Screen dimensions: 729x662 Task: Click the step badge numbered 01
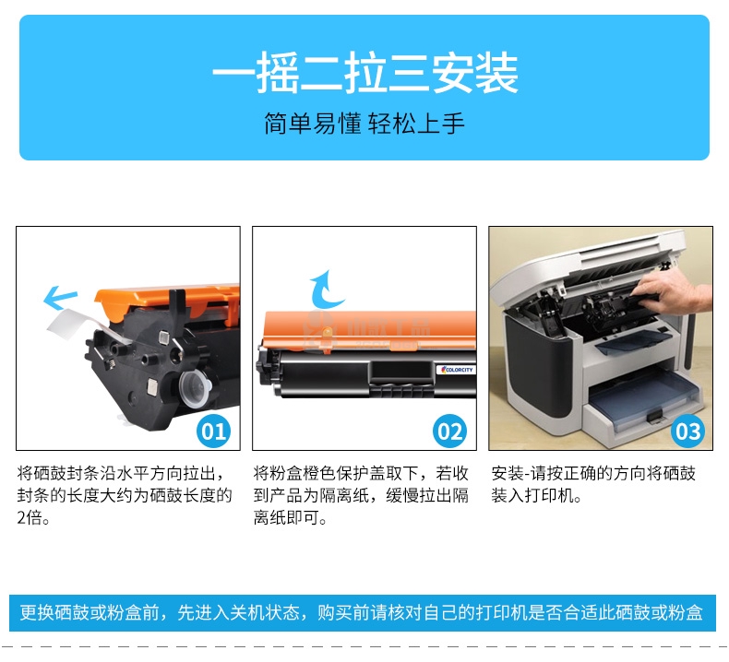[213, 431]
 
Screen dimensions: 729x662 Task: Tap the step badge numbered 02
[449, 431]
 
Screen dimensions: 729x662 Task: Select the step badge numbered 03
[687, 431]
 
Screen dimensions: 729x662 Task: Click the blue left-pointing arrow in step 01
[60, 297]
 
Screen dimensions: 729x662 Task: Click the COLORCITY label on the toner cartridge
[456, 370]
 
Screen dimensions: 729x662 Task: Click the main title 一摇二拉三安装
[365, 73]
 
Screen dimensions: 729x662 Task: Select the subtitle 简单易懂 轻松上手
[364, 124]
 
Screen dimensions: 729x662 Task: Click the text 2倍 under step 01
[29, 517]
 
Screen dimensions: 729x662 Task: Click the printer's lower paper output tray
[644, 405]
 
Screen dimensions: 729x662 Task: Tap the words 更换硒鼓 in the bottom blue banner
[54, 613]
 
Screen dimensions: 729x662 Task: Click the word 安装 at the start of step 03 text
[508, 473]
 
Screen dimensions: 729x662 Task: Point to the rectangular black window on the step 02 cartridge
[400, 371]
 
